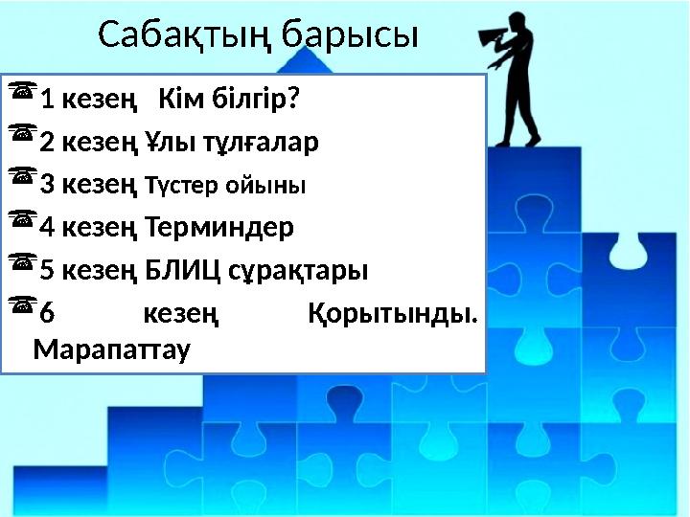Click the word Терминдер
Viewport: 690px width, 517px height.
[x=221, y=228]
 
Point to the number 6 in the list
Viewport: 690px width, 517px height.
[x=48, y=314]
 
